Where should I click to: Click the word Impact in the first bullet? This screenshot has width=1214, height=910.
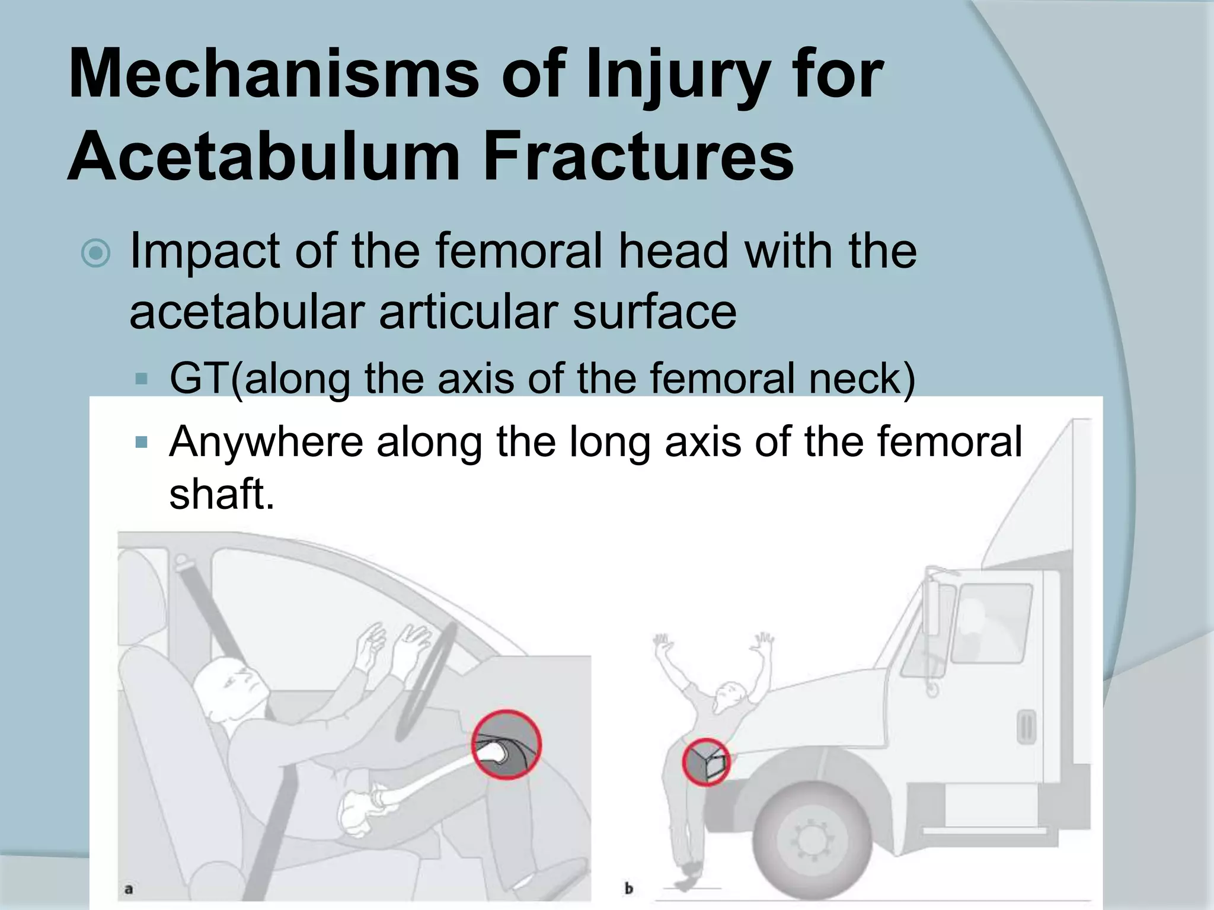click(204, 252)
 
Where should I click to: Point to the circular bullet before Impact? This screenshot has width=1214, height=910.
click(95, 254)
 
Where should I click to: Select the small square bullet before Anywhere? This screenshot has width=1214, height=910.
click(141, 442)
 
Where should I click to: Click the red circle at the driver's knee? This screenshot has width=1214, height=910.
click(506, 745)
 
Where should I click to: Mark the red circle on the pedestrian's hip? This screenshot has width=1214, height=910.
click(705, 762)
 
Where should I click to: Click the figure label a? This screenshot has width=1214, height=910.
click(129, 889)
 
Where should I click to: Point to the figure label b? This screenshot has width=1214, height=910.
click(629, 889)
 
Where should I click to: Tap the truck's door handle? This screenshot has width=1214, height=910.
click(1026, 728)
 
